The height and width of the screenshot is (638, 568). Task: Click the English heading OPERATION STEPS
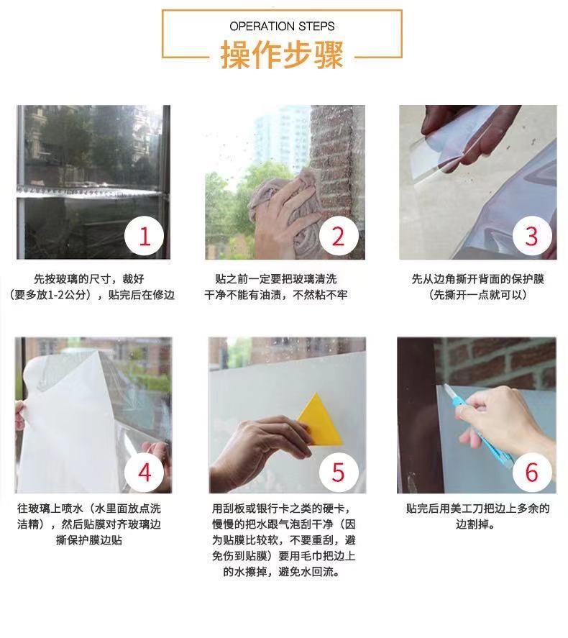[x=282, y=27]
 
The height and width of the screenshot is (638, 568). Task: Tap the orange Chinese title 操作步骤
[x=282, y=55]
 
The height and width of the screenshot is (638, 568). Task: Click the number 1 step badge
[x=145, y=236]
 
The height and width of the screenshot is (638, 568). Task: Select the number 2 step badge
[x=339, y=236]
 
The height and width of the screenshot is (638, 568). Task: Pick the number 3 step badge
[x=532, y=236]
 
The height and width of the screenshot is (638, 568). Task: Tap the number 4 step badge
[x=145, y=472]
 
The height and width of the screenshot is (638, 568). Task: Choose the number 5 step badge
[x=339, y=472]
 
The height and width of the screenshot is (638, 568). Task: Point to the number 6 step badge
[x=532, y=472]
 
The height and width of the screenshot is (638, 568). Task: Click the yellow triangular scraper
[x=319, y=423]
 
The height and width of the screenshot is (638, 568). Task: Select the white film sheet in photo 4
[x=69, y=423]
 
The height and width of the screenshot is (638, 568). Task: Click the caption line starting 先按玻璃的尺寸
[x=89, y=279]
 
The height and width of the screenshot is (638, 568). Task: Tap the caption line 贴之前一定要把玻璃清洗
[x=276, y=279]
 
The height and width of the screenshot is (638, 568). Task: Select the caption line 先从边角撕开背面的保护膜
[x=477, y=279]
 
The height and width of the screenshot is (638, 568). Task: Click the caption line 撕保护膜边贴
[x=89, y=540]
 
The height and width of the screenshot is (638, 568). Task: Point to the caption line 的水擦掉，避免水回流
[x=282, y=572]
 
